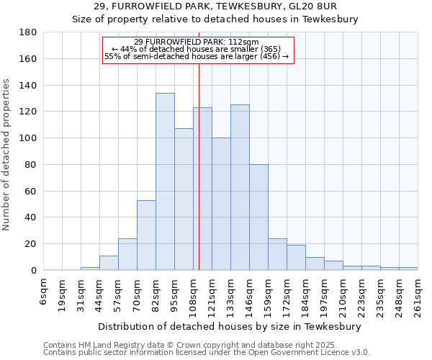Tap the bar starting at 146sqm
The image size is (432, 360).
tap(258, 217)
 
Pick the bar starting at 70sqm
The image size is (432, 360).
tap(146, 235)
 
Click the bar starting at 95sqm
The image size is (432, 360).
tap(184, 199)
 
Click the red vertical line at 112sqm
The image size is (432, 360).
tap(199, 166)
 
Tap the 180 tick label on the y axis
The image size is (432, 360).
tap(28, 32)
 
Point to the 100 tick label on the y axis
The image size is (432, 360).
tap(28, 138)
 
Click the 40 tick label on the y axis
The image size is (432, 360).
tap(31, 217)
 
